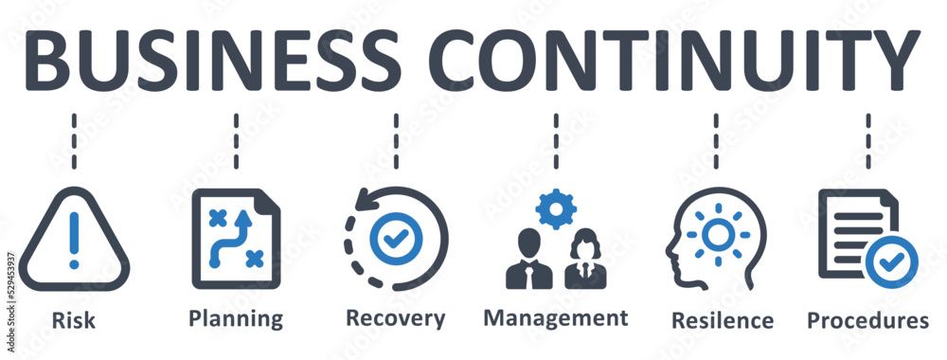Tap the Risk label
[74, 320]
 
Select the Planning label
[236, 318]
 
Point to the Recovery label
[395, 318]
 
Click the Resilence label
[722, 320]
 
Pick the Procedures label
[867, 320]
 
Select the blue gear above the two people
[555, 210]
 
